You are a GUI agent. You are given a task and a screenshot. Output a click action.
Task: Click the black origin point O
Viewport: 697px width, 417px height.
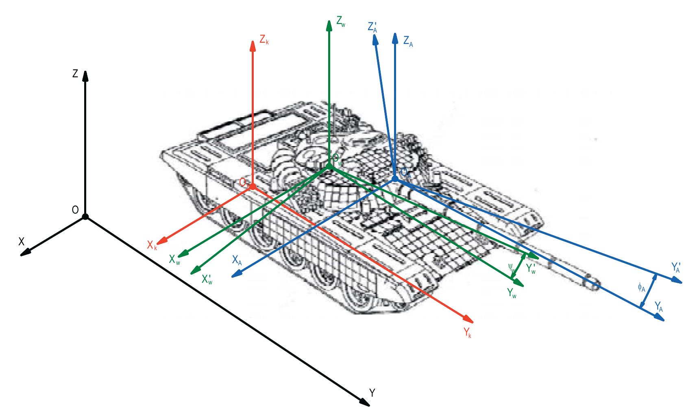pyautogui.click(x=85, y=216)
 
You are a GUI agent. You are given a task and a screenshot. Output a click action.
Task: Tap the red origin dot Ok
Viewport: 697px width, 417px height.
pyautogui.click(x=253, y=186)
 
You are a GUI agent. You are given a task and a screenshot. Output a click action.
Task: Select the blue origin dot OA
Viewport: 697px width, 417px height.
pyautogui.click(x=394, y=179)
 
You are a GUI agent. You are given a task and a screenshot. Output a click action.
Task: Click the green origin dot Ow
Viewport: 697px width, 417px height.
pyautogui.click(x=329, y=166)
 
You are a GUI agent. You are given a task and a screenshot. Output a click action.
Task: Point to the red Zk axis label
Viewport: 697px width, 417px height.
pyautogui.click(x=264, y=40)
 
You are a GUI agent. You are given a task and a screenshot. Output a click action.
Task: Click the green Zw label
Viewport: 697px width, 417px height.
pyautogui.click(x=341, y=23)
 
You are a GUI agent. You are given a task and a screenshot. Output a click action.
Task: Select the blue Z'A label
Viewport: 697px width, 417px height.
pyautogui.click(x=372, y=27)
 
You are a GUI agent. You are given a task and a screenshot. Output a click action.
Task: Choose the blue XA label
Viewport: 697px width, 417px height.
pyautogui.click(x=237, y=260)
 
